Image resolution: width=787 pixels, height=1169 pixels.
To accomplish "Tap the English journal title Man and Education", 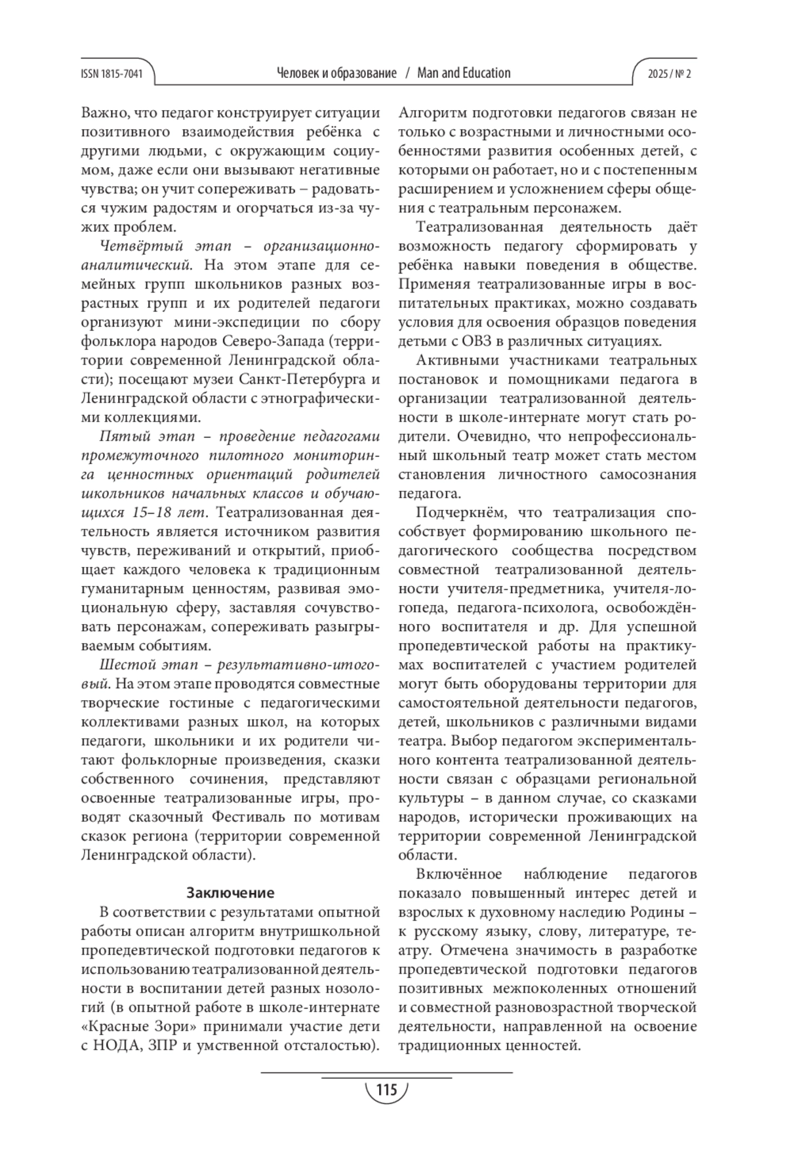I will pyautogui.click(x=464, y=73).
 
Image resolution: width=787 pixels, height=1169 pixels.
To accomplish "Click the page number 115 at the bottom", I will pyautogui.click(x=386, y=1091).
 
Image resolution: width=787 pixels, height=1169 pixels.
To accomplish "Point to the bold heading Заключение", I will pyautogui.click(x=230, y=892).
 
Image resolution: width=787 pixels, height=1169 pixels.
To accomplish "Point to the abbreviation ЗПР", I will pyautogui.click(x=165, y=1045).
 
